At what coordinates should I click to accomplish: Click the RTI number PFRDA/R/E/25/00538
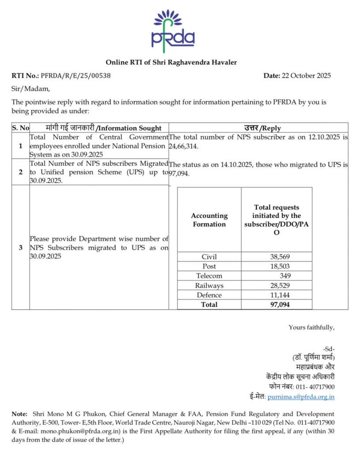(x=75, y=75)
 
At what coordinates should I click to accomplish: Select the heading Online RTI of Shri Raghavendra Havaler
(x=171, y=62)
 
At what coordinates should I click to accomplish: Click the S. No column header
(x=20, y=128)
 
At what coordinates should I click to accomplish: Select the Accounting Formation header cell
(x=209, y=220)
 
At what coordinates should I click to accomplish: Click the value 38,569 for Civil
(x=280, y=256)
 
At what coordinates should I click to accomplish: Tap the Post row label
(x=209, y=266)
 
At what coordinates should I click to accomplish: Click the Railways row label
(x=209, y=286)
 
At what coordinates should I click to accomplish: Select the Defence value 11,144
(x=280, y=295)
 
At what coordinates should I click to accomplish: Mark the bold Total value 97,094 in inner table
(x=280, y=305)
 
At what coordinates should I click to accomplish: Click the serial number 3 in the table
(x=20, y=248)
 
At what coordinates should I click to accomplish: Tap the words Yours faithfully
(x=311, y=327)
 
